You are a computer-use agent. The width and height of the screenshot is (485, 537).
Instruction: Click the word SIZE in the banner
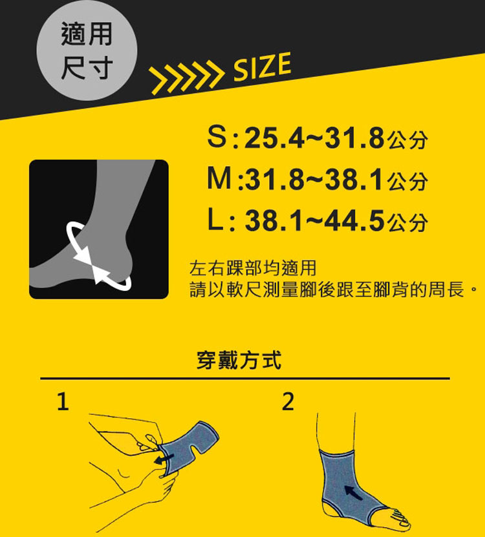tap(262, 67)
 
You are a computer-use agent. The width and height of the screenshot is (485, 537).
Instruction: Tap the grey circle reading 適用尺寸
tap(87, 50)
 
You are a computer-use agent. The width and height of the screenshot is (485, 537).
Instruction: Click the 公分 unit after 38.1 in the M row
tap(408, 181)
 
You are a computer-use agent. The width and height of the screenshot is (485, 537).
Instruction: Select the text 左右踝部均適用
tap(253, 268)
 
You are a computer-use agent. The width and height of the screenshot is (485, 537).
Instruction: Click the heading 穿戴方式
tap(239, 360)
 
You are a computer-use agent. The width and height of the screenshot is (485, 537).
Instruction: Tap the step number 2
tap(288, 401)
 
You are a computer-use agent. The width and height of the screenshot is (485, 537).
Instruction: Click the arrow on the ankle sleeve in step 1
tap(163, 459)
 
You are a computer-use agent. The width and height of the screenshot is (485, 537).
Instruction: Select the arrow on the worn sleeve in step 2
tap(353, 492)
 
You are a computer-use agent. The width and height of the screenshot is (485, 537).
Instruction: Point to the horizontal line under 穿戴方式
tap(245, 379)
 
